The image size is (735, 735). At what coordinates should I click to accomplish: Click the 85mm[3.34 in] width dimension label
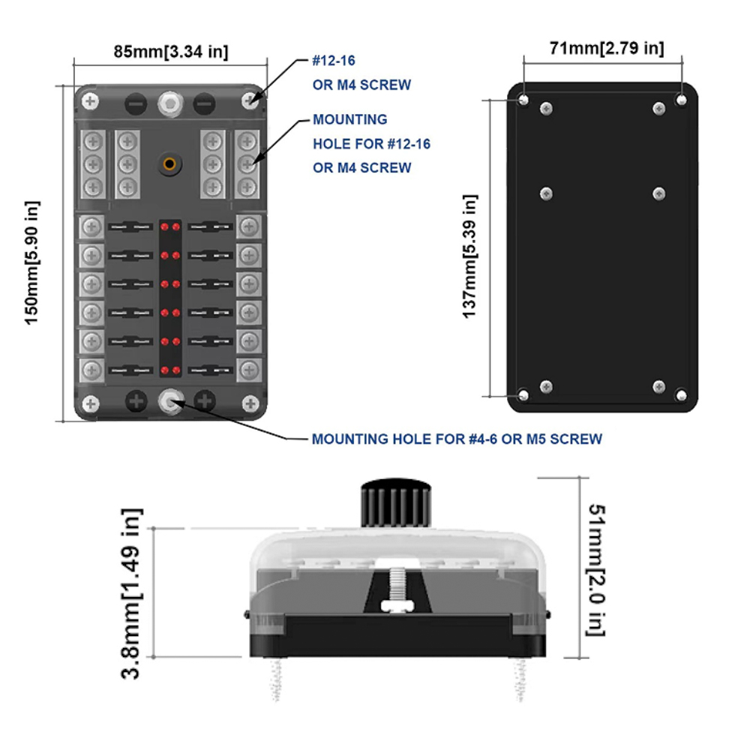(171, 52)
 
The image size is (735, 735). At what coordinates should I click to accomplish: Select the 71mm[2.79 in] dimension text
(604, 49)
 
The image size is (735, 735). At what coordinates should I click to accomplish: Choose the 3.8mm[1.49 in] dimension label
(133, 593)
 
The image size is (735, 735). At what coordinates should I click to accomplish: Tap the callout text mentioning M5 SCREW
(457, 439)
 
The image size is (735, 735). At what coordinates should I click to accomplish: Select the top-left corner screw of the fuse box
(91, 100)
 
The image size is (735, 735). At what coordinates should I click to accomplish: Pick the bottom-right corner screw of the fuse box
(250, 403)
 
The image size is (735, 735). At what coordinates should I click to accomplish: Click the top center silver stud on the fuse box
(170, 103)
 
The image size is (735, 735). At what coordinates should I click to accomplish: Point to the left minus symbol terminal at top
(135, 102)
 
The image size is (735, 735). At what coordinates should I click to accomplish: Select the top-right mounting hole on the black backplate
(681, 100)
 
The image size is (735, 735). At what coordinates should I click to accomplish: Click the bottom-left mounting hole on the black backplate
(523, 394)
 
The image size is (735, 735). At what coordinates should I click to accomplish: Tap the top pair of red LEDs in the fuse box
(170, 226)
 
